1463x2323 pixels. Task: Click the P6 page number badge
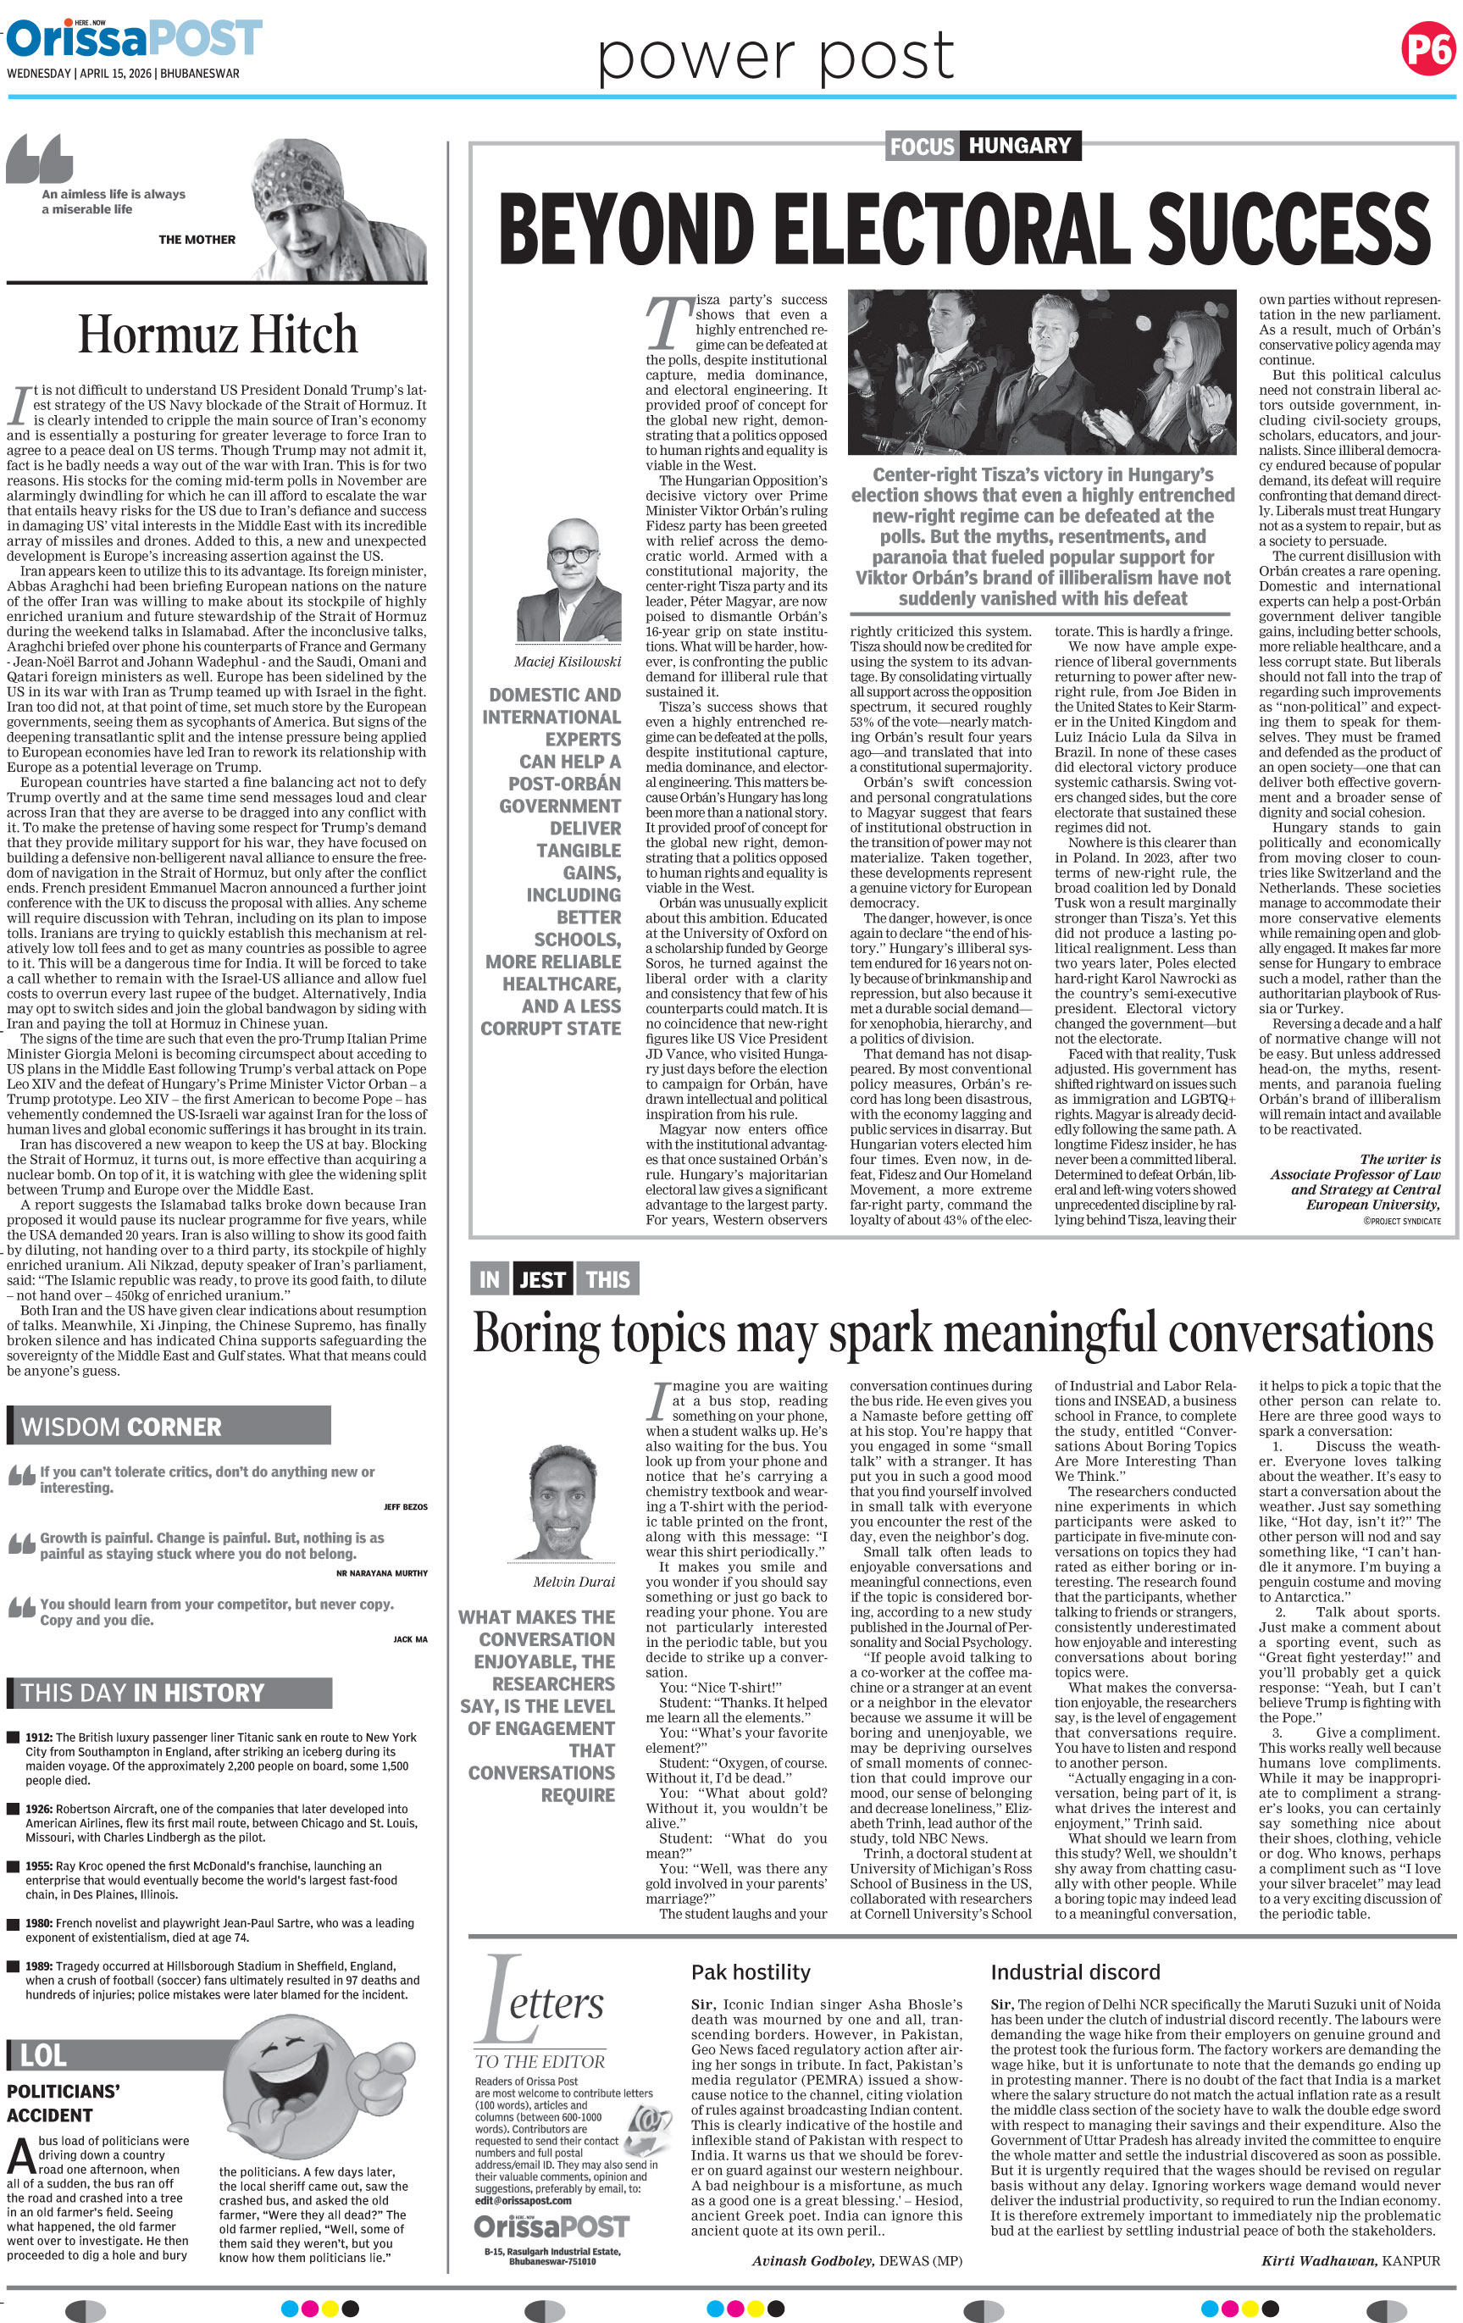pyautogui.click(x=1427, y=48)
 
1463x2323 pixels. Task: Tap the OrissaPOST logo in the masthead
pyautogui.click(x=134, y=39)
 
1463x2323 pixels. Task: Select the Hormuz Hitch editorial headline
pyautogui.click(x=217, y=335)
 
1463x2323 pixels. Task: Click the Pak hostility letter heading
pyautogui.click(x=751, y=1973)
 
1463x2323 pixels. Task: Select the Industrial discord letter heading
pyautogui.click(x=1074, y=1973)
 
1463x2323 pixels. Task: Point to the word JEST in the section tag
pyautogui.click(x=542, y=1280)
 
